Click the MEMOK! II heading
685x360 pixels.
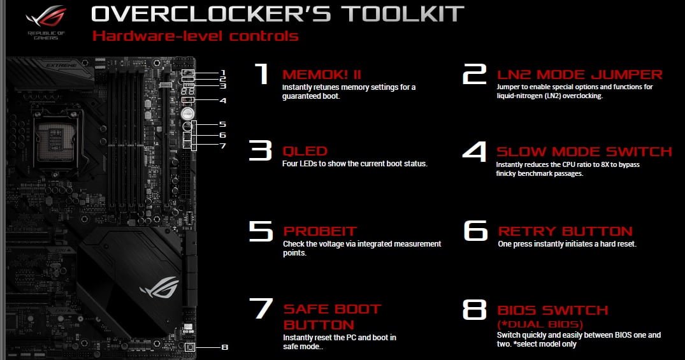point(322,75)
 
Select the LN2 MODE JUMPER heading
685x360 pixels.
point(580,75)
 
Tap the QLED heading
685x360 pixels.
point(305,151)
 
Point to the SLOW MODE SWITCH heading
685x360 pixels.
point(584,152)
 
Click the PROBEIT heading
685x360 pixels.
point(320,231)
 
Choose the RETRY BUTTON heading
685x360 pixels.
point(565,231)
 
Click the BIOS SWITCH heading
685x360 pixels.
point(552,310)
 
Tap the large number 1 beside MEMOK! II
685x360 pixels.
point(262,73)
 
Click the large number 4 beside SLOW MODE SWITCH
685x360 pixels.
point(475,151)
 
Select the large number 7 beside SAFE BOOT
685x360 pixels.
point(261,308)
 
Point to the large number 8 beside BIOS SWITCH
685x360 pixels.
point(475,309)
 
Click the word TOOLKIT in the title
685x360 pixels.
point(402,13)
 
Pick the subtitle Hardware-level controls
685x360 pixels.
point(195,36)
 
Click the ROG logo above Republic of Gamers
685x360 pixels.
point(46,17)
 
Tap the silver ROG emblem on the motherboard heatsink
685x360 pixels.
point(159,287)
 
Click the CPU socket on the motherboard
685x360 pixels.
point(55,139)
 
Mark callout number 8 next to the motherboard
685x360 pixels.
point(224,347)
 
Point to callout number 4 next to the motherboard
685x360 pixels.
point(223,101)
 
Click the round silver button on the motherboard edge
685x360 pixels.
point(187,113)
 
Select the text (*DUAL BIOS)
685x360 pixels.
point(540,324)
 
